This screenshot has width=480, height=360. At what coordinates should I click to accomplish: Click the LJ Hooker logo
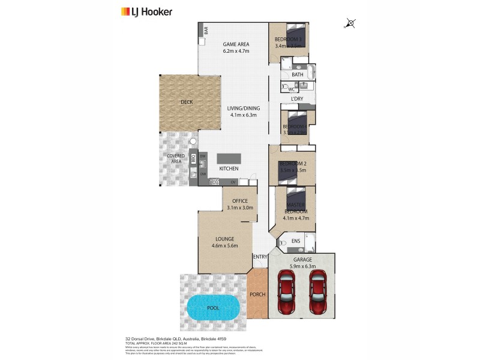pyautogui.click(x=146, y=11)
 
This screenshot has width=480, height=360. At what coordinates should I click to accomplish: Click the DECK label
pyautogui.click(x=187, y=102)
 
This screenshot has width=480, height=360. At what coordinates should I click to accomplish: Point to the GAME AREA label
pyautogui.click(x=235, y=44)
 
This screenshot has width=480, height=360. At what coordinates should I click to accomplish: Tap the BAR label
pyautogui.click(x=205, y=31)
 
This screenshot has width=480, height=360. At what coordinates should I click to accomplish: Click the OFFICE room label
pyautogui.click(x=240, y=201)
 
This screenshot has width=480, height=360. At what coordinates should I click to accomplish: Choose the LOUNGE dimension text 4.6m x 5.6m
pyautogui.click(x=225, y=245)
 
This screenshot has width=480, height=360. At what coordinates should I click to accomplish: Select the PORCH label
pyautogui.click(x=258, y=294)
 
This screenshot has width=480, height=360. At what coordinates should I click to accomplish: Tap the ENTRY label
pyautogui.click(x=260, y=257)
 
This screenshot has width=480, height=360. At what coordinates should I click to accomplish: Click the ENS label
pyautogui.click(x=295, y=242)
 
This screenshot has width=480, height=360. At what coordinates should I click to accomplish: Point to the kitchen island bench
pyautogui.click(x=228, y=158)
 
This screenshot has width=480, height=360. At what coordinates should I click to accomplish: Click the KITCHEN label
pyautogui.click(x=229, y=169)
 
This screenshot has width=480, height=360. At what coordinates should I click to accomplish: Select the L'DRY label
pyautogui.click(x=296, y=98)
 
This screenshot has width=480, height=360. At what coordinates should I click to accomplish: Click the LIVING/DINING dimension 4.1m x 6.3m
pyautogui.click(x=242, y=115)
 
